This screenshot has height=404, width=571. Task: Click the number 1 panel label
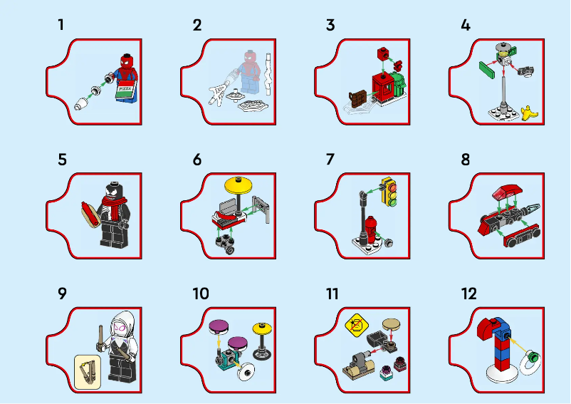pos(61,26)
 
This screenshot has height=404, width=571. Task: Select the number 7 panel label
pos(330,160)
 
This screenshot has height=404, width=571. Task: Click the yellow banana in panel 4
pos(528,111)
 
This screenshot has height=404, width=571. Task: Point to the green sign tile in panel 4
pos(488,69)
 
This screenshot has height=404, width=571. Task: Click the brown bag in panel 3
pos(357,98)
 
